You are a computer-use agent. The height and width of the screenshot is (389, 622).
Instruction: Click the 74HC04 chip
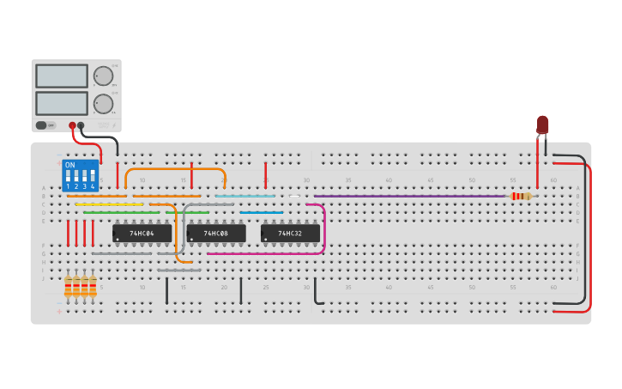pyautogui.click(x=142, y=233)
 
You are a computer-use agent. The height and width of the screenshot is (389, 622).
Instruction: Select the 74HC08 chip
pyautogui.click(x=216, y=233)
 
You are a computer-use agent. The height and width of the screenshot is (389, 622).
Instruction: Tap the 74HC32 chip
pyautogui.click(x=290, y=233)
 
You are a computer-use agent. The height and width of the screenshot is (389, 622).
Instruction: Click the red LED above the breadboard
pyautogui.click(x=542, y=125)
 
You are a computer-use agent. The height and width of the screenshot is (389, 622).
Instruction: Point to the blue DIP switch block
pyautogui.click(x=81, y=175)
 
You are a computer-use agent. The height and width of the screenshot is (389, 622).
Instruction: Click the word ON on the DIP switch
pyautogui.click(x=69, y=165)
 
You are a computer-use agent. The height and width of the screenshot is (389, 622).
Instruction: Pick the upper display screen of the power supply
pyautogui.click(x=61, y=76)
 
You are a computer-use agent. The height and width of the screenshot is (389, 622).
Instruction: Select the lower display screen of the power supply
pyautogui.click(x=61, y=104)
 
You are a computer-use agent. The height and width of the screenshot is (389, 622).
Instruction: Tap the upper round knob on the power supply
pyautogui.click(x=103, y=76)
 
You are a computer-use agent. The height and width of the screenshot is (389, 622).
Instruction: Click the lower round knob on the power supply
pyautogui.click(x=103, y=104)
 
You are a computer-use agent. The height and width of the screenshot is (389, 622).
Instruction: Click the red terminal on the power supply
pyautogui.click(x=73, y=125)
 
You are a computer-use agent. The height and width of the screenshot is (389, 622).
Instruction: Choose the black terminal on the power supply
pyautogui.click(x=82, y=125)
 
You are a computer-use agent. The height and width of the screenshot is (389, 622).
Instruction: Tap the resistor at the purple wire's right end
pyautogui.click(x=520, y=196)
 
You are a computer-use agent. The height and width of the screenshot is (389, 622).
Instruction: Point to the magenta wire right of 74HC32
pyautogui.click(x=323, y=228)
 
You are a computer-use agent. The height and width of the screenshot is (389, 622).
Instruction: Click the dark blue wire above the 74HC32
pyautogui.click(x=261, y=212)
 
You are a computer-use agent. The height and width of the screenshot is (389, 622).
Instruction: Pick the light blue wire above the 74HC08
pyautogui.click(x=245, y=196)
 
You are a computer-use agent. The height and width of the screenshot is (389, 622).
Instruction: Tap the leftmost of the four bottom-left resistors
pyautogui.click(x=69, y=286)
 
